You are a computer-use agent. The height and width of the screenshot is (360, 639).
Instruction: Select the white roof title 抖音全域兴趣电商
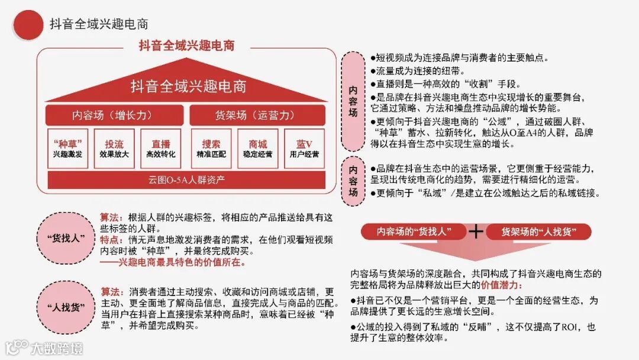[188, 86]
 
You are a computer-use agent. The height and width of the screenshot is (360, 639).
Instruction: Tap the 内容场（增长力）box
[114, 115]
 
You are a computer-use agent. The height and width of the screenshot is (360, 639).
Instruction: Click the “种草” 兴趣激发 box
[67, 149]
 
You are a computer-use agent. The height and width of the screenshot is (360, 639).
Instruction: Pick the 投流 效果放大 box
[114, 149]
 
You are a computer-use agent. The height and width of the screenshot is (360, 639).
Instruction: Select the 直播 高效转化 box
[160, 149]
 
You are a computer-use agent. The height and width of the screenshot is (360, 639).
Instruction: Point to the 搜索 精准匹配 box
[211, 149]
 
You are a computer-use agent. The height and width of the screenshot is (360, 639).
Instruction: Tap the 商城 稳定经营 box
[257, 149]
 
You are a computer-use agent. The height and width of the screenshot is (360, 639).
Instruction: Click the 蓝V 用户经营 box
[304, 149]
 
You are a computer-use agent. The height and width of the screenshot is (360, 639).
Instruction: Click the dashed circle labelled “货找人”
[66, 239]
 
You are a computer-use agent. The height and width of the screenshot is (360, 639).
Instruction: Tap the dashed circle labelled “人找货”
[66, 308]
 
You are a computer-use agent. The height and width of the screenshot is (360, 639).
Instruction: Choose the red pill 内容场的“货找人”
[414, 232]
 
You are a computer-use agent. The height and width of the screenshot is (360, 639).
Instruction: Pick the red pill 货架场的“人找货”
[538, 232]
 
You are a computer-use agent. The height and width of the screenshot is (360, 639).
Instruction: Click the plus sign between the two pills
[476, 232]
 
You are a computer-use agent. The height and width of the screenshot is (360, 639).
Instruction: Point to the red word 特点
[111, 240]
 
